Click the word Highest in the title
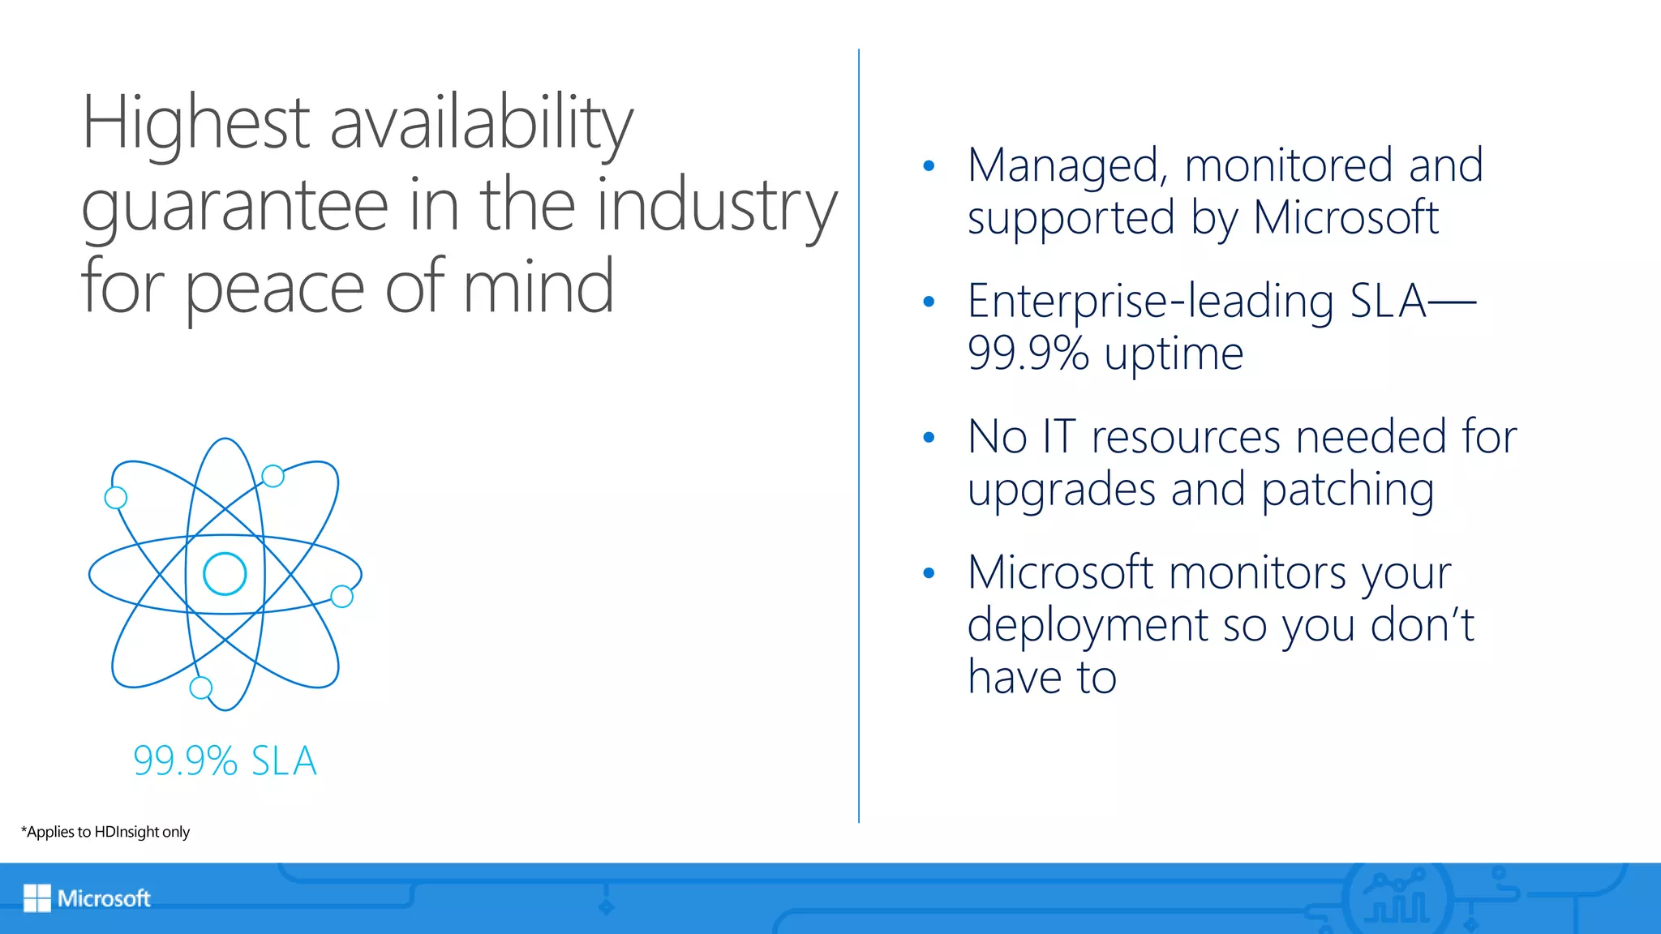click(195, 123)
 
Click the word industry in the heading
click(717, 206)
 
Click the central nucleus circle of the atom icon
click(225, 574)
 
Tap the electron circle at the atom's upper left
click(116, 498)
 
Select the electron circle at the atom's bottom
click(200, 688)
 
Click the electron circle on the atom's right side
click(342, 597)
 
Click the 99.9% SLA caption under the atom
click(225, 761)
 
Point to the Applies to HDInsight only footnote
click(105, 832)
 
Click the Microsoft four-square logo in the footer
click(37, 898)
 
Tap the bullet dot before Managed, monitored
click(929, 167)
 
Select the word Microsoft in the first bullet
click(1346, 217)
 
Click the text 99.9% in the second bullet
click(1028, 353)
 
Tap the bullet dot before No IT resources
click(929, 439)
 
